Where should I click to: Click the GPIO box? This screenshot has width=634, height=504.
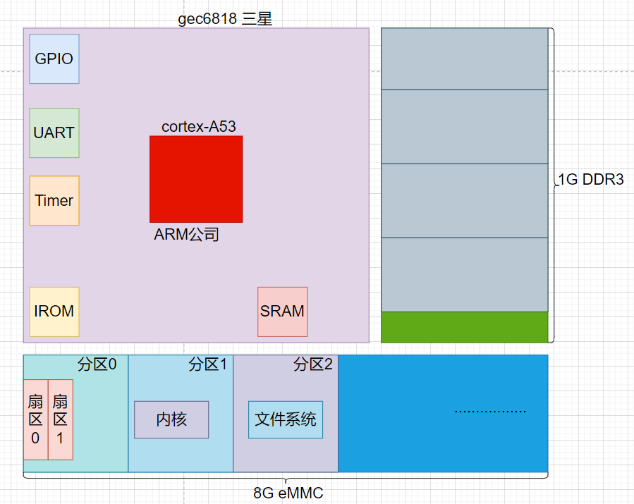click(54, 59)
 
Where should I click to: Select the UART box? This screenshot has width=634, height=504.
click(54, 133)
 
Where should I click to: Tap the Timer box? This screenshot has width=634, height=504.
click(54, 201)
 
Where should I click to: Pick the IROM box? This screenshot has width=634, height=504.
click(54, 312)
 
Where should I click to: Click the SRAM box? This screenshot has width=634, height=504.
click(283, 312)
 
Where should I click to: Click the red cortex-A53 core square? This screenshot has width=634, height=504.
click(196, 179)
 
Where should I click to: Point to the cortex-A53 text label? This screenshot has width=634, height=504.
click(199, 127)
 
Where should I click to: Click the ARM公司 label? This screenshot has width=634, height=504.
click(186, 235)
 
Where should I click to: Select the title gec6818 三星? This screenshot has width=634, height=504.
click(225, 19)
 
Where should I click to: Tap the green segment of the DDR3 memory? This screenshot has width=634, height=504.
click(465, 327)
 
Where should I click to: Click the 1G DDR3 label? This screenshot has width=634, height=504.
click(591, 180)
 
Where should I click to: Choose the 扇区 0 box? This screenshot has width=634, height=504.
click(35, 419)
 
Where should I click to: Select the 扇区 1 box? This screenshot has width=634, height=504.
click(61, 419)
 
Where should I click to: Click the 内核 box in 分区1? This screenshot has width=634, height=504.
click(171, 419)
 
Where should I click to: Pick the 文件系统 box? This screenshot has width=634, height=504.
click(286, 419)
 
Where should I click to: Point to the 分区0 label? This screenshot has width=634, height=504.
click(97, 364)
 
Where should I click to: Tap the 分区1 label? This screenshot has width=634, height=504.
click(208, 364)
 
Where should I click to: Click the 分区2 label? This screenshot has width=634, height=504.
click(313, 364)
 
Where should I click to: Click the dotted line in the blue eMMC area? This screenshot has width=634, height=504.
click(490, 412)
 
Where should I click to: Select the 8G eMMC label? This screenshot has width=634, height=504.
click(288, 493)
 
